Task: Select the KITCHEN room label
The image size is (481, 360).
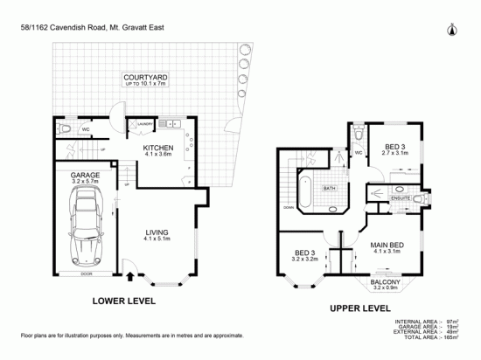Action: pos(159,148)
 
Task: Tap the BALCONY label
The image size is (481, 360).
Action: pos(385,282)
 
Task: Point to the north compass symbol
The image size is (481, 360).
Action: pos(452,29)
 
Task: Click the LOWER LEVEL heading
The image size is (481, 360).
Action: pos(123,301)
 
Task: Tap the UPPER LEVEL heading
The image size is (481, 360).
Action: pos(358,308)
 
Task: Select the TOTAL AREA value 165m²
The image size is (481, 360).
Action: pos(457,338)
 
